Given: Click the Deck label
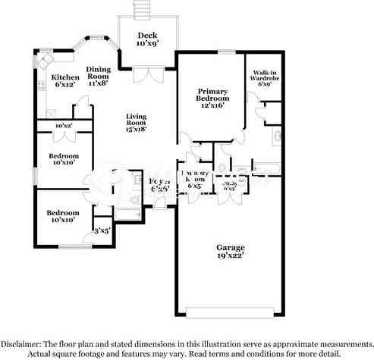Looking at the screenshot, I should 146,35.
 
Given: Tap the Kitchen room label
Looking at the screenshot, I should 64,77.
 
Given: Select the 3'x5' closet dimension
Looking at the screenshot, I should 102,230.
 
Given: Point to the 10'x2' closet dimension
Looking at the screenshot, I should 64,126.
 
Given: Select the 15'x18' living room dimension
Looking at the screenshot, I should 136,130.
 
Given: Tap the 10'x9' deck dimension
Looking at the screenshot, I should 146,44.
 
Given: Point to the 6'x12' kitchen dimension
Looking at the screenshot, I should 64,85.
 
